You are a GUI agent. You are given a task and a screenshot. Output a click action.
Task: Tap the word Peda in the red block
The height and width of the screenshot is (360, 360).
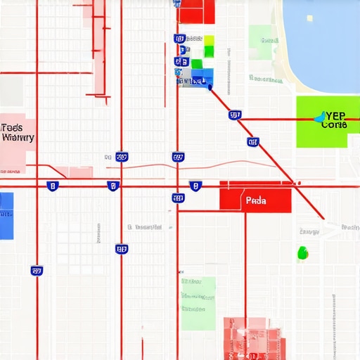click(257, 200)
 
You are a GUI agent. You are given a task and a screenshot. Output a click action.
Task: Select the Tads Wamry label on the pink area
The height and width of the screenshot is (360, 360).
click(18, 133)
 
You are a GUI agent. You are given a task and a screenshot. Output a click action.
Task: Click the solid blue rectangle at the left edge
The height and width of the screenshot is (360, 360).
click(6, 215)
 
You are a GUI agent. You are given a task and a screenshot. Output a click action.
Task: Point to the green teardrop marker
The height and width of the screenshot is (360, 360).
click(302, 252)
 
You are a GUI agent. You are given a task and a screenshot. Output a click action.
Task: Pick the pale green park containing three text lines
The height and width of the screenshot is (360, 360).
click(198, 302)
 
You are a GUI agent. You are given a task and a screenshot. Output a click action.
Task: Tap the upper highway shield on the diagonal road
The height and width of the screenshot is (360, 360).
click(235, 115)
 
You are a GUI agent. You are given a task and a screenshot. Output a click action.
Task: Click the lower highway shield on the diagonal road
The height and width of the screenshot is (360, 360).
click(253, 142)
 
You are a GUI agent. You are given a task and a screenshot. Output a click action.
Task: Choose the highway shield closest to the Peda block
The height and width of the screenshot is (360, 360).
click(195, 186)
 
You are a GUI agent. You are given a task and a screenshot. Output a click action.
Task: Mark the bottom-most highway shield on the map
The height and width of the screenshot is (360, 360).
click(37, 270)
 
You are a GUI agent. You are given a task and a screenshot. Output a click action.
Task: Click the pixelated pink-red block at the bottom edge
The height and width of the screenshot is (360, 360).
click(255, 339)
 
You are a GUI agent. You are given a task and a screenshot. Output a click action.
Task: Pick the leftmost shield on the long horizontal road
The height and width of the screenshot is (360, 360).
click(52, 186)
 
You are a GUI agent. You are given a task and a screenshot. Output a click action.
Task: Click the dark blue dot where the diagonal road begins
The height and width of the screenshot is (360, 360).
click(210, 86)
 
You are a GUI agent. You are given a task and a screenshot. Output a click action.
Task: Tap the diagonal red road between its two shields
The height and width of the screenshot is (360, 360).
click(244, 128)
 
